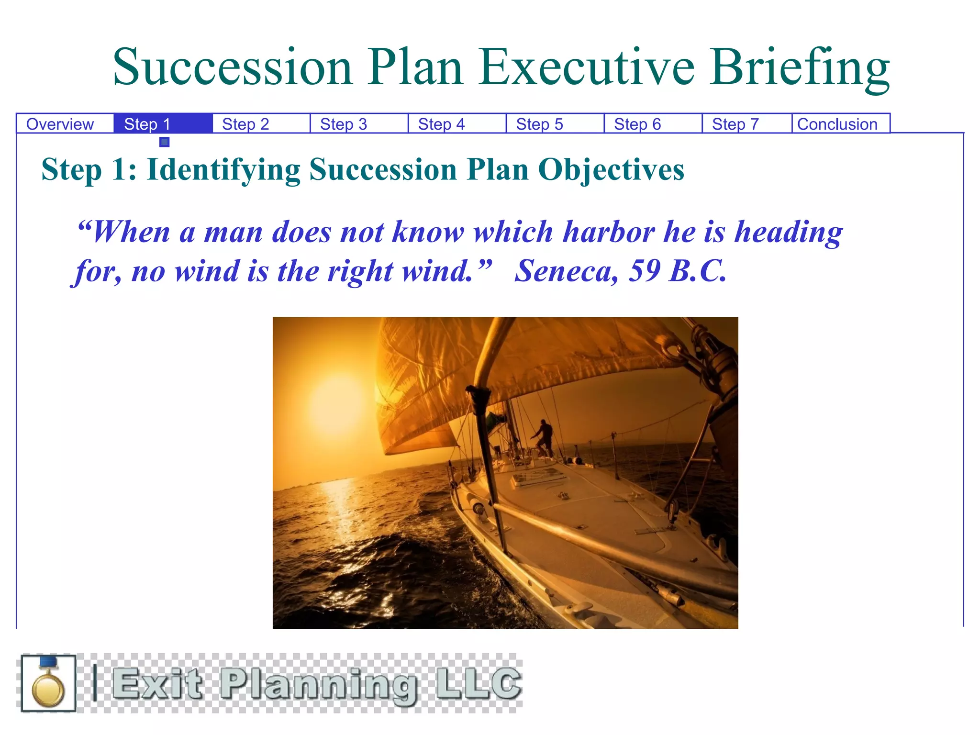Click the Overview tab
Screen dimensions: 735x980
[x=60, y=124]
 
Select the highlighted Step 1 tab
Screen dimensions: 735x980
[x=147, y=124]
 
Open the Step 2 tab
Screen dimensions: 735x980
[x=245, y=124]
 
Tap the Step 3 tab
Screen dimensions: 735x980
[x=344, y=124]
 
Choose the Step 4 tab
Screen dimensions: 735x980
[x=442, y=124]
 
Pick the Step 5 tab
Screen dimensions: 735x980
[x=540, y=124]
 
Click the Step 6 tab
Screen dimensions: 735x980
[x=637, y=124]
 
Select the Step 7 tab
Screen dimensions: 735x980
[x=735, y=124]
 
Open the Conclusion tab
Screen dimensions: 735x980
[x=837, y=124]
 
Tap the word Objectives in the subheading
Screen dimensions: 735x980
[x=611, y=170]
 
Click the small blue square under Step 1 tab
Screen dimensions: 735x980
[x=165, y=142]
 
